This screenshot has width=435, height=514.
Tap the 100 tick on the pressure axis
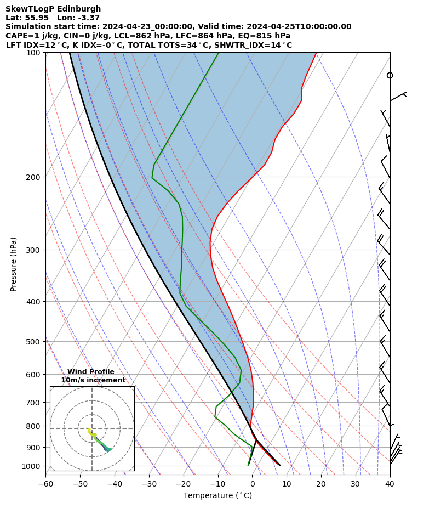[33, 53]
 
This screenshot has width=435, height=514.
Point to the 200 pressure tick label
[33, 177]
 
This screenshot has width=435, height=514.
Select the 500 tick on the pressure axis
[33, 342]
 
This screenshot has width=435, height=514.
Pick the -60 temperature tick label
[45, 484]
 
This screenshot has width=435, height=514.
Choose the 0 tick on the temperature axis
[252, 484]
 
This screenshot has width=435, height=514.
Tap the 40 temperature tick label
[390, 484]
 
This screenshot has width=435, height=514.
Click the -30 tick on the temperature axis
[149, 484]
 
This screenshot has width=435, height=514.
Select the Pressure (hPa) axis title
[14, 264]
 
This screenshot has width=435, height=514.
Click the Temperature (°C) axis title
[218, 496]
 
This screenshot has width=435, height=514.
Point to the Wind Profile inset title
[91, 372]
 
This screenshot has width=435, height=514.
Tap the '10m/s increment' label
[93, 380]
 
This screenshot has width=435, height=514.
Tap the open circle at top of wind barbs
[390, 75]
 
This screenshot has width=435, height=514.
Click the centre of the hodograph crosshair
[92, 428]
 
